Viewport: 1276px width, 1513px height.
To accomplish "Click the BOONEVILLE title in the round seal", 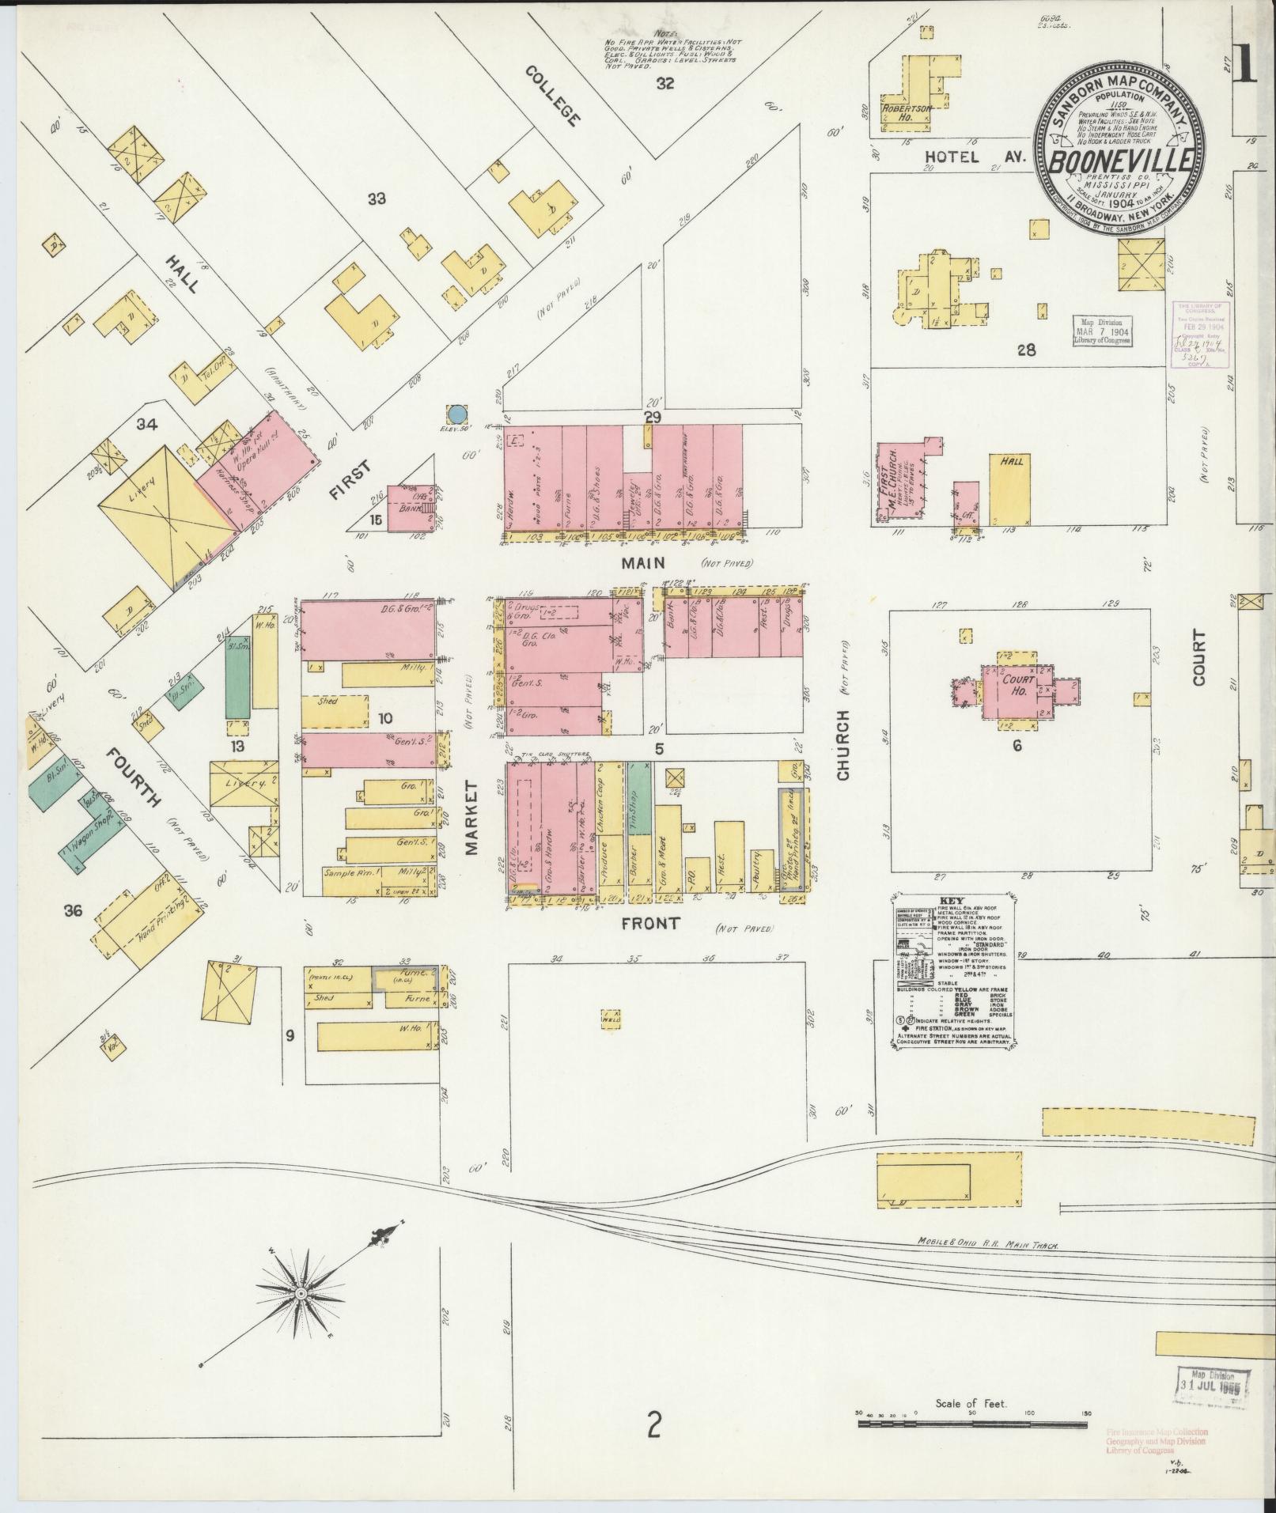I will (x=1121, y=160).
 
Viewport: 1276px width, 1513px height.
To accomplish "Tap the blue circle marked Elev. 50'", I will (x=456, y=413).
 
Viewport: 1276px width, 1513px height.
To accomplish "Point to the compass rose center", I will (x=301, y=1293).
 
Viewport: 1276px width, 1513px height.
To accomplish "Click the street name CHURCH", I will (x=843, y=745).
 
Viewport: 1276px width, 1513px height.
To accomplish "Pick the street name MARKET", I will (x=473, y=818).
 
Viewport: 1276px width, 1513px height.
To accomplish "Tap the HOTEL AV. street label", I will (x=975, y=157).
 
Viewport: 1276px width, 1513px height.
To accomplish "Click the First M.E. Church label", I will (x=892, y=482).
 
